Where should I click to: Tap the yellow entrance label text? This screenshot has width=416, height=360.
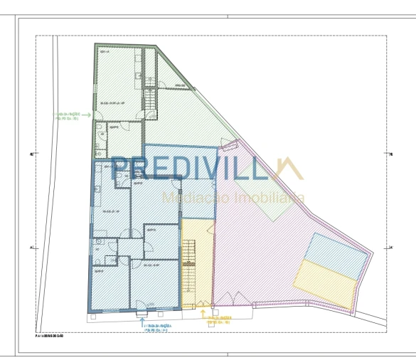[219, 320]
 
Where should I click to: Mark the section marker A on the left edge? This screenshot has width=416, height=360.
[32, 248]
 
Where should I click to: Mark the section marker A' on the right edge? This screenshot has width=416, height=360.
[392, 248]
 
